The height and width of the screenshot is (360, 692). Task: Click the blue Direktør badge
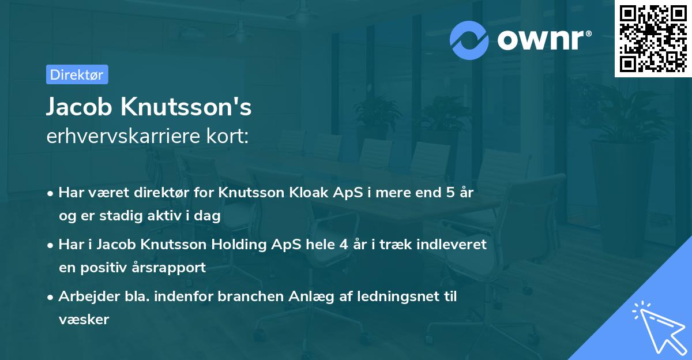77,74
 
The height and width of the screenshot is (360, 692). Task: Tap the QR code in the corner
653,39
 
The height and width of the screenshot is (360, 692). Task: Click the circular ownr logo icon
469,40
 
